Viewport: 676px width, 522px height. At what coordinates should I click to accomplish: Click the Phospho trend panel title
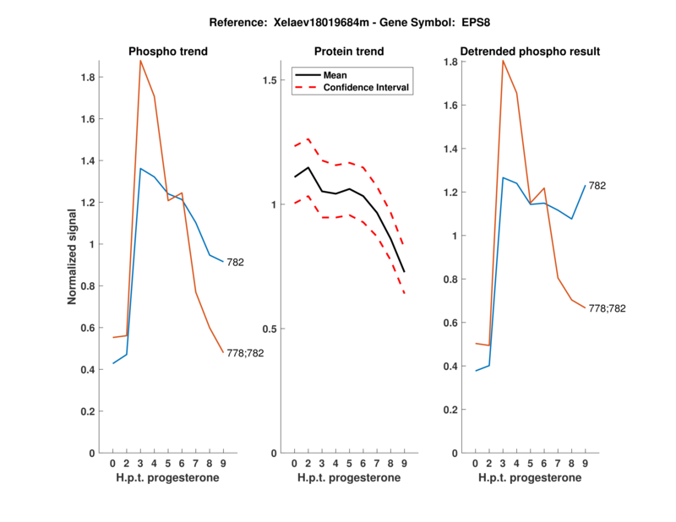168,52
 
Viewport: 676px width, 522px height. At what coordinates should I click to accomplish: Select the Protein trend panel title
349,52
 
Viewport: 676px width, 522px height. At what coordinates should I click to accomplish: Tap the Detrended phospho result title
530,52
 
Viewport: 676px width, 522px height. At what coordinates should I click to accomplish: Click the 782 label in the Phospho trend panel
235,263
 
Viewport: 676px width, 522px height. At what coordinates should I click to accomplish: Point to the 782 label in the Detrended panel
597,185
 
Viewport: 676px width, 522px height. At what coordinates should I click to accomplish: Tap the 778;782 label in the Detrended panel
608,309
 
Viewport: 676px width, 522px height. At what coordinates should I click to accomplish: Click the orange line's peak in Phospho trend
141,61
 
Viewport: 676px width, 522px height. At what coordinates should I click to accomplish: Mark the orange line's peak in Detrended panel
504,61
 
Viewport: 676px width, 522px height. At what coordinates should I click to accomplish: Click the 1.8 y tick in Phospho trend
86,78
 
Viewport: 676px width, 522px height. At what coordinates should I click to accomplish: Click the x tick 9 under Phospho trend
223,463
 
